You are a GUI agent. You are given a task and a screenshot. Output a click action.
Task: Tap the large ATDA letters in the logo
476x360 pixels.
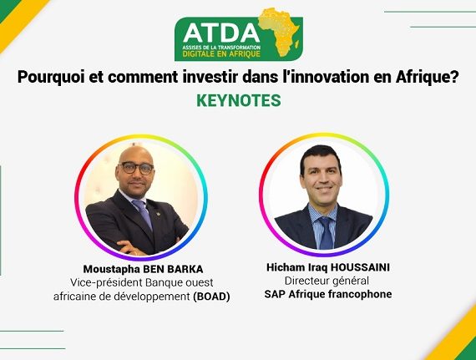point(221,33)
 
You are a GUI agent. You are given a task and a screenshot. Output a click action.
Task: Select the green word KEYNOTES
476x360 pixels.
point(239,100)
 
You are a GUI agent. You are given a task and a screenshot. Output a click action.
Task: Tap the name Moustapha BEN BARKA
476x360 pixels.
point(143,269)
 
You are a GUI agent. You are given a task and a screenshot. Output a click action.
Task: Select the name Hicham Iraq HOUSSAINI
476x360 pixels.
point(328,267)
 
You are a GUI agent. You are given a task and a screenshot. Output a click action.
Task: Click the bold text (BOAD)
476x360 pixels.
point(211,297)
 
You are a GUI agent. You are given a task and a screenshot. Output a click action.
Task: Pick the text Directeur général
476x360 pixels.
point(327,281)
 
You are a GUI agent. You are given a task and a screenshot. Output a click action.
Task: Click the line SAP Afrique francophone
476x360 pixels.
point(328,294)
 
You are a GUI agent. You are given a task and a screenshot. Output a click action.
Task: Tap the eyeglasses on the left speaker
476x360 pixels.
point(136,168)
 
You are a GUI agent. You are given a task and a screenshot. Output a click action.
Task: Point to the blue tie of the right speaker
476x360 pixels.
point(326,233)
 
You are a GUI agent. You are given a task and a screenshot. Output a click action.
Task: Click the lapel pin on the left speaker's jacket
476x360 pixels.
point(158,213)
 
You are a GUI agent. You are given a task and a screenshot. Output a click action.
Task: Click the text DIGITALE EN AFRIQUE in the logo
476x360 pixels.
point(221,54)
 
